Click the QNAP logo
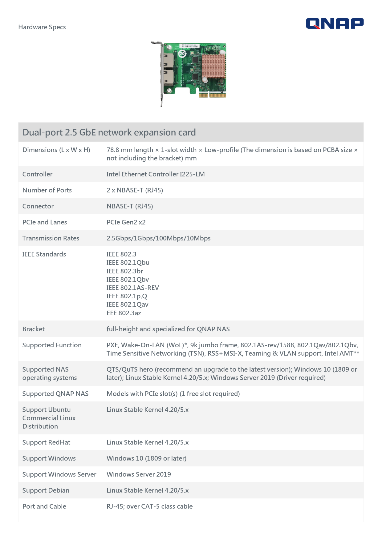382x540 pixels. point(335,23)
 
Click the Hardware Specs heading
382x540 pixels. point(42,27)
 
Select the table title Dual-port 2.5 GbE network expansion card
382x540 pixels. point(109,132)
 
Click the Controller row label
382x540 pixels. point(37,174)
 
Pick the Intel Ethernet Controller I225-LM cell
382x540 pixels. point(156,174)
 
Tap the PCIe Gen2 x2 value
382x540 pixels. point(126,222)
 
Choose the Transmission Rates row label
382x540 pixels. point(51,238)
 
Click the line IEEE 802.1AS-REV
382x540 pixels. point(133,288)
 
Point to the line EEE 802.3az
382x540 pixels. point(124,313)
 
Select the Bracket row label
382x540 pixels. point(34,329)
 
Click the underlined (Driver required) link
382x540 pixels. point(301,378)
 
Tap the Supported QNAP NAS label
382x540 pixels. point(55,394)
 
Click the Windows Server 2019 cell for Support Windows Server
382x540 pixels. point(139,474)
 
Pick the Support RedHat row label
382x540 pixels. point(46,442)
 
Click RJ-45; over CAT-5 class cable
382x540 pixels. point(150,506)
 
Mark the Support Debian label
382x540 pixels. point(46,490)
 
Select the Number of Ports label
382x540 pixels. point(47,190)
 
